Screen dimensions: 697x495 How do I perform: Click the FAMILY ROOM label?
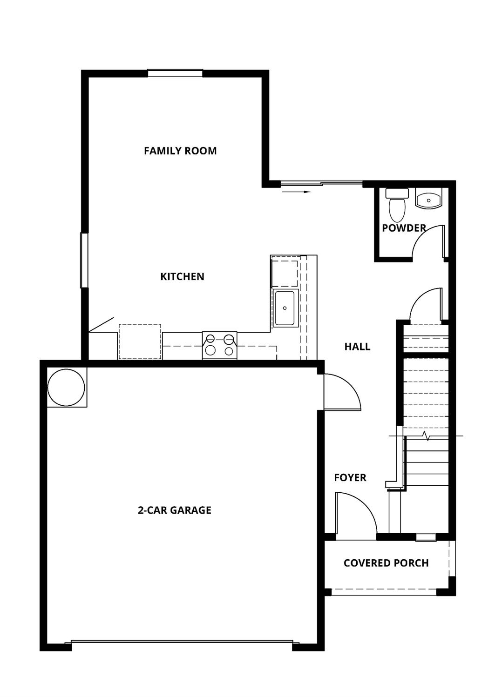[180, 151]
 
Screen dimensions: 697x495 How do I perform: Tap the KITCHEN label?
[182, 276]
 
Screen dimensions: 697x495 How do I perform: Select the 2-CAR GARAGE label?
[175, 510]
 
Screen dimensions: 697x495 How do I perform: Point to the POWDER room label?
[404, 228]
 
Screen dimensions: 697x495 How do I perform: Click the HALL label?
[357, 347]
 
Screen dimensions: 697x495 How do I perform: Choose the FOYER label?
[350, 478]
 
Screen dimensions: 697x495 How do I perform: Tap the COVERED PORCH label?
[386, 563]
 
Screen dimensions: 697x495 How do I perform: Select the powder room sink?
[428, 200]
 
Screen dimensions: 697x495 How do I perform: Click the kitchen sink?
[285, 308]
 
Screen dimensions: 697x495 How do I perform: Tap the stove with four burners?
[219, 345]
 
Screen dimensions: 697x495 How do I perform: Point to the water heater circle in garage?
[67, 387]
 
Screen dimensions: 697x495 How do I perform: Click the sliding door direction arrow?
[296, 191]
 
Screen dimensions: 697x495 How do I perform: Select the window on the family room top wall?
[175, 73]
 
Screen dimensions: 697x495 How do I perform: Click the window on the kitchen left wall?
[84, 261]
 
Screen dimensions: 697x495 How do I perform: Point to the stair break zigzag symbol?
[426, 436]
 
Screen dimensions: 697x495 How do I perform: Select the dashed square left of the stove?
[140, 342]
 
